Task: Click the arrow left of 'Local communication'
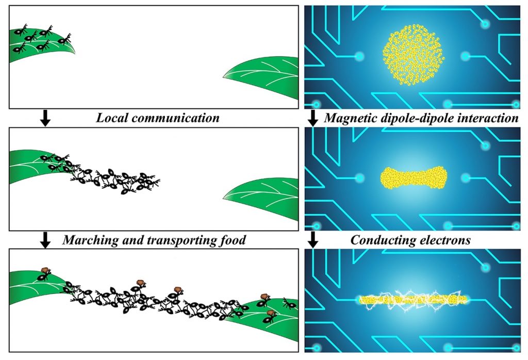pos(45,118)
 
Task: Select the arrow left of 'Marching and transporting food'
pos(45,240)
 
